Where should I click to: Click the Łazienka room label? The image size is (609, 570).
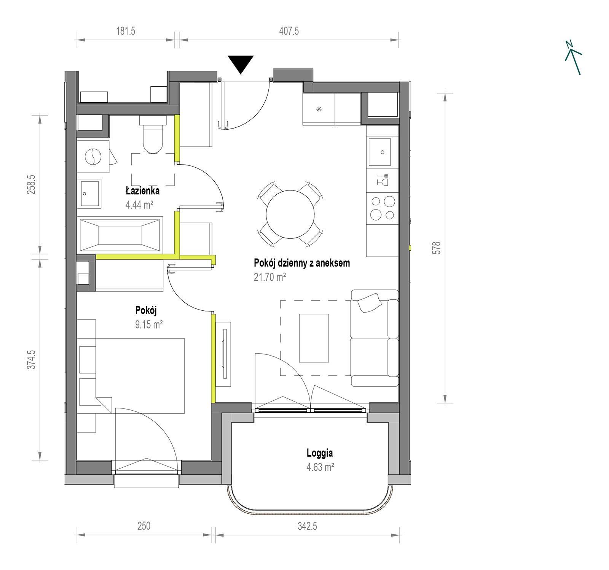pos(143,191)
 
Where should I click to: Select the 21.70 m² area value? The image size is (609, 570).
pos(270,277)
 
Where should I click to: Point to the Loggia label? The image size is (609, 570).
pos(320,453)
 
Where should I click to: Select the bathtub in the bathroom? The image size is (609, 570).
pos(121,234)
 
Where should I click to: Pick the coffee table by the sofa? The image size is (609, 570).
pos(314,338)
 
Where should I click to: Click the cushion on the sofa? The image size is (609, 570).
pos(369,302)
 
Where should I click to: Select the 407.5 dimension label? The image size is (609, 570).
pos(289,31)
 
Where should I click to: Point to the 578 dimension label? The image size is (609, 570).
pos(436,248)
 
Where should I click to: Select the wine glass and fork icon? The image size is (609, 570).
pos(383,179)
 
